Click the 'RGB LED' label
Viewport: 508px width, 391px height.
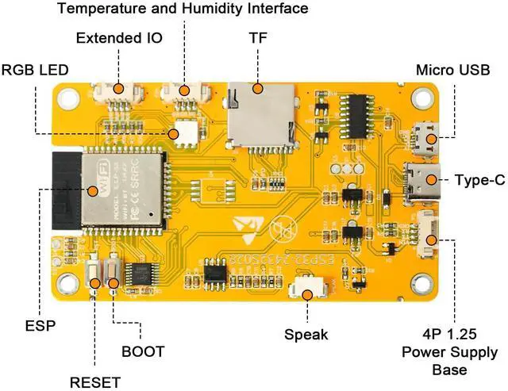(35, 70)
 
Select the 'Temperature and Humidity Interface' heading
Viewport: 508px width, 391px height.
(183, 10)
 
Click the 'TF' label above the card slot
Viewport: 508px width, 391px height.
(258, 38)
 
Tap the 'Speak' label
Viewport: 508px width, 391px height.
(306, 334)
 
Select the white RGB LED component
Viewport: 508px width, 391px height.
(187, 132)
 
